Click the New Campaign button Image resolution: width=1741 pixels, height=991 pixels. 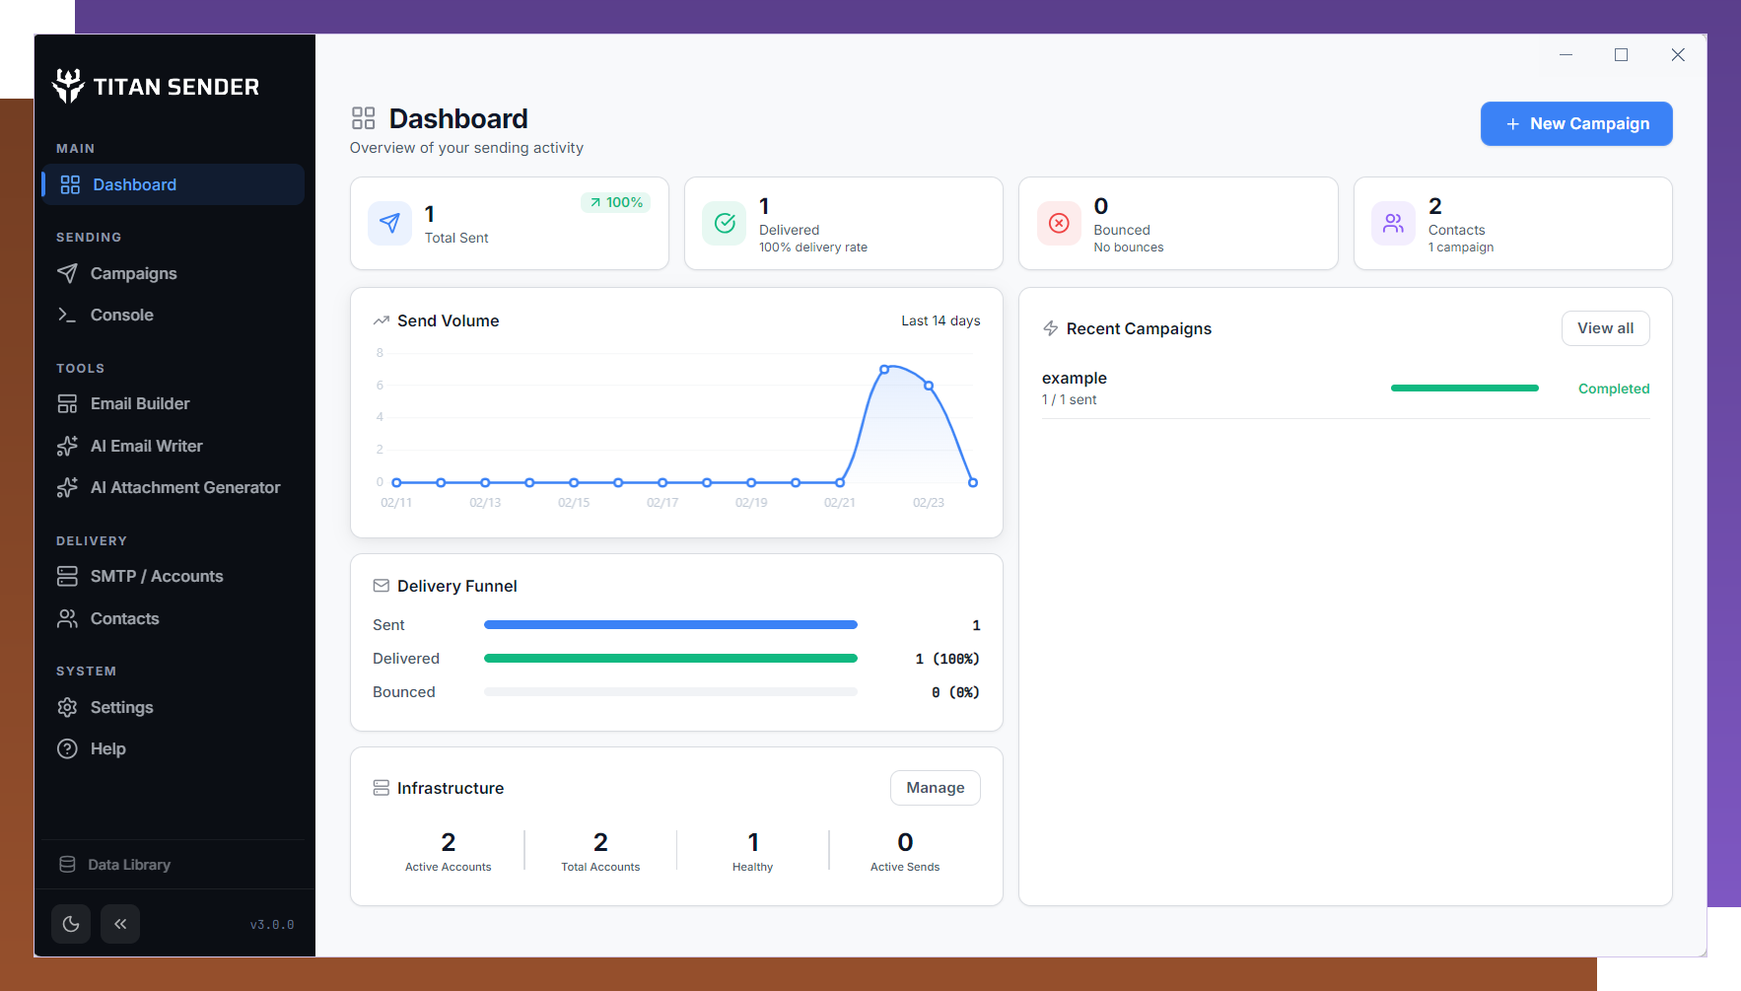[x=1575, y=124]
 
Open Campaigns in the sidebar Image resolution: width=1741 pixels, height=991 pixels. [x=133, y=274]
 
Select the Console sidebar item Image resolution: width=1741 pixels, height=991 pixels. [x=121, y=316]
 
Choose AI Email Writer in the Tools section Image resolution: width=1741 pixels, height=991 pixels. [x=146, y=447]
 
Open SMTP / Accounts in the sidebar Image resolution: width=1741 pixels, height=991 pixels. [x=156, y=577]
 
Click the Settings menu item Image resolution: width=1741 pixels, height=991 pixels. [x=121, y=708]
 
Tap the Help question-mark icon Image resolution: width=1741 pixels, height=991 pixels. [x=67, y=749]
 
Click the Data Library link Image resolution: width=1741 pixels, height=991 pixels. [x=128, y=865]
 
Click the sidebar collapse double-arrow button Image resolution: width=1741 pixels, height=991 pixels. [x=120, y=924]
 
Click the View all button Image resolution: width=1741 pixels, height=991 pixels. [x=1604, y=328]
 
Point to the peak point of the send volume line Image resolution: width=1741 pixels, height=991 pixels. [x=884, y=369]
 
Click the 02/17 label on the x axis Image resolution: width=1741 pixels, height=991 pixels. [x=662, y=503]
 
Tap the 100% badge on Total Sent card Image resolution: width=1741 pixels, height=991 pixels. [x=616, y=203]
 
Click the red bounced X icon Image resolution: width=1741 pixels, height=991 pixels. [x=1059, y=224]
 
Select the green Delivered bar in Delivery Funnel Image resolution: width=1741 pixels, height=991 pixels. [x=670, y=659]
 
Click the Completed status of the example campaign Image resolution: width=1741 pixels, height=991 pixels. [x=1613, y=389]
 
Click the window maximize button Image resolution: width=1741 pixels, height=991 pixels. [x=1621, y=55]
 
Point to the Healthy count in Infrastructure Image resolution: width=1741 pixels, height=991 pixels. [x=753, y=842]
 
